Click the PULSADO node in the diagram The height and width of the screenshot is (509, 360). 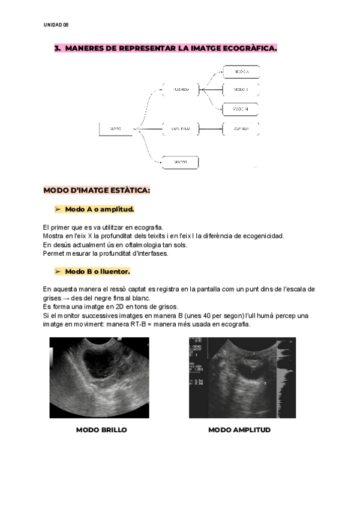point(181,89)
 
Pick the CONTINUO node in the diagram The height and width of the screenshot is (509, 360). point(181,128)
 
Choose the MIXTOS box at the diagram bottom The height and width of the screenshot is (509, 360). point(181,162)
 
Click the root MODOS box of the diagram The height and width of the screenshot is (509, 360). point(116,128)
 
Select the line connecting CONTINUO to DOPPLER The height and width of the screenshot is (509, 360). point(210,128)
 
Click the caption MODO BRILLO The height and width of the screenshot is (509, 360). point(101,430)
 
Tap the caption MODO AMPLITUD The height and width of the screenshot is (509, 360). point(239,430)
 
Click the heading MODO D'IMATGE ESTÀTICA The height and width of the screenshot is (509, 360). point(97,191)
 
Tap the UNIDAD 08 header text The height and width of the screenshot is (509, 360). point(56,25)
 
